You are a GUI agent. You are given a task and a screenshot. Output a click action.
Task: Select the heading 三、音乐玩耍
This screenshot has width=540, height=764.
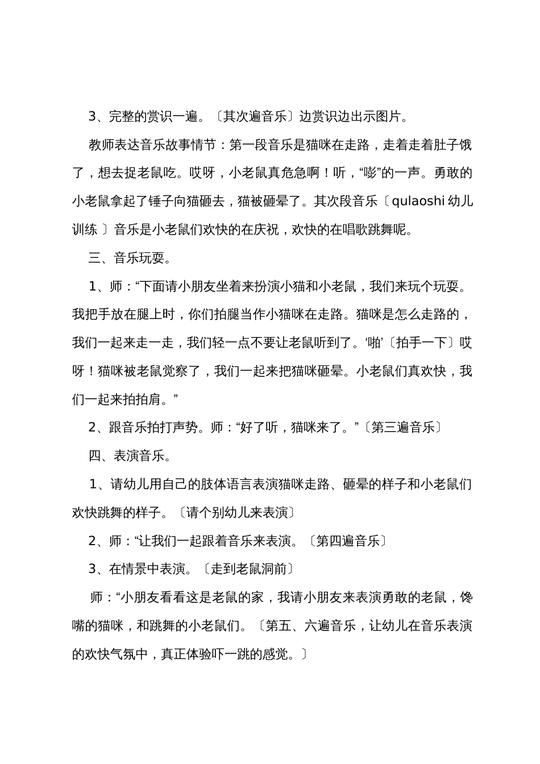pyautogui.click(x=130, y=258)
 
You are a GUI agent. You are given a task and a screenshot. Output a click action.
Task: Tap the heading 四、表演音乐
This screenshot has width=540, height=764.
pyautogui.click(x=130, y=456)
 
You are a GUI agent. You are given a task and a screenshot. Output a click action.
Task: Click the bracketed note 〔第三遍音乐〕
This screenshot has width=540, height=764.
pyautogui.click(x=403, y=427)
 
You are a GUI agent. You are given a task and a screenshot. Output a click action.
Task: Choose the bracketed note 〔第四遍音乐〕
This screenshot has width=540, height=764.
pyautogui.click(x=347, y=541)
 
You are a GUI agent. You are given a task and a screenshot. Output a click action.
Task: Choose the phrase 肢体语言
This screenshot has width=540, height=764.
pyautogui.click(x=214, y=484)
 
